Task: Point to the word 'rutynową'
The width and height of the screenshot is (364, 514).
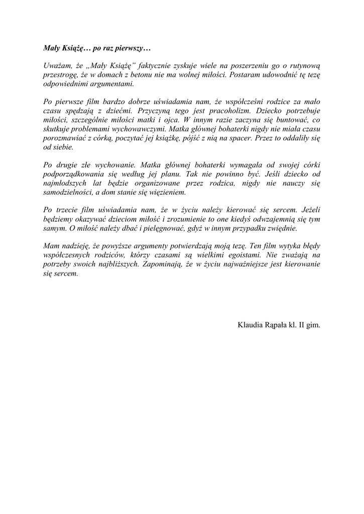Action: [305, 67]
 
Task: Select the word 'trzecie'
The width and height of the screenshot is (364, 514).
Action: [68, 210]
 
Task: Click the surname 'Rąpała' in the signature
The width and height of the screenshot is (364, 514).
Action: [276, 325]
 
